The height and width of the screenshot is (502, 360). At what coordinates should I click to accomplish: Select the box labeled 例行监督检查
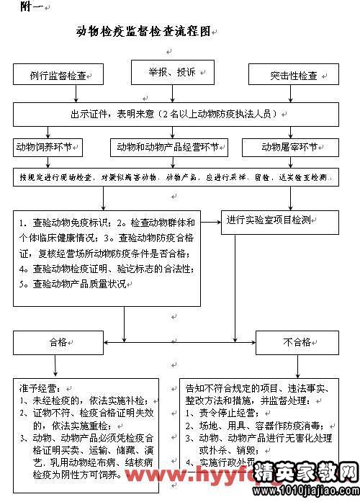point(58,75)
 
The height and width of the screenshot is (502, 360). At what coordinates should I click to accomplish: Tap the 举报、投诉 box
point(172,72)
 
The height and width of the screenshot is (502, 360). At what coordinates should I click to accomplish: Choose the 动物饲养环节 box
point(48,147)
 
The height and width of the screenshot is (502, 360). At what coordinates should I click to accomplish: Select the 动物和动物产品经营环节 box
point(168,147)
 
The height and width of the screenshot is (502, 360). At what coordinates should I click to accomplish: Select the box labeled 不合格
point(297,343)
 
